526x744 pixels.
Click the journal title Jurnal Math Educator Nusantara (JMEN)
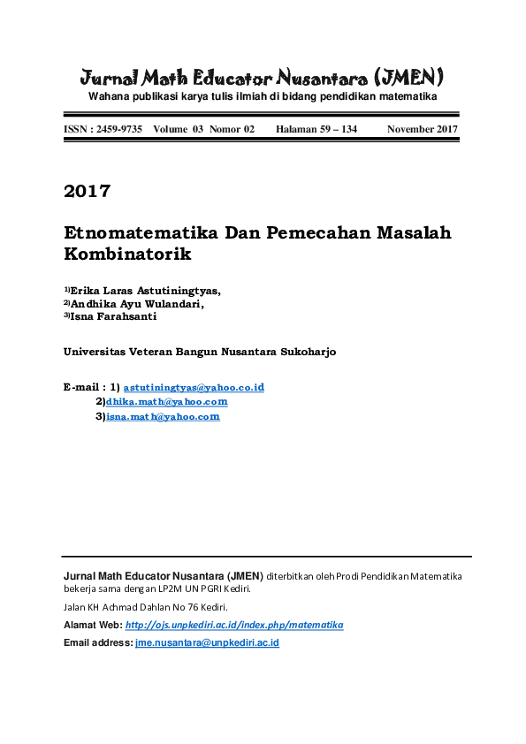262,75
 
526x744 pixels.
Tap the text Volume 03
178,129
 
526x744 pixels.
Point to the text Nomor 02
232,129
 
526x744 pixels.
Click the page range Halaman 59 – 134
316,129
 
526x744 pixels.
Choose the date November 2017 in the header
423,129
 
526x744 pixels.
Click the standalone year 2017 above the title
87,191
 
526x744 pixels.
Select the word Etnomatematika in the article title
141,233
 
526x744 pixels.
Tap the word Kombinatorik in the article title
128,254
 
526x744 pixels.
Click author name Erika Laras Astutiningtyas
146,290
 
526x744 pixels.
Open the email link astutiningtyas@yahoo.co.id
194,387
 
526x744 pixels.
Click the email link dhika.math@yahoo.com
167,401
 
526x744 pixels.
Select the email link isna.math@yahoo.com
163,415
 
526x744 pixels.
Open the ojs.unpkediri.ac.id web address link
234,625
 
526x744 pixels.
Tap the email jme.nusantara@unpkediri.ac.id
207,642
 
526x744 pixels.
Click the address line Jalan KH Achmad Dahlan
146,607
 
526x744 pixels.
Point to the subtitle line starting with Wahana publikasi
262,95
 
